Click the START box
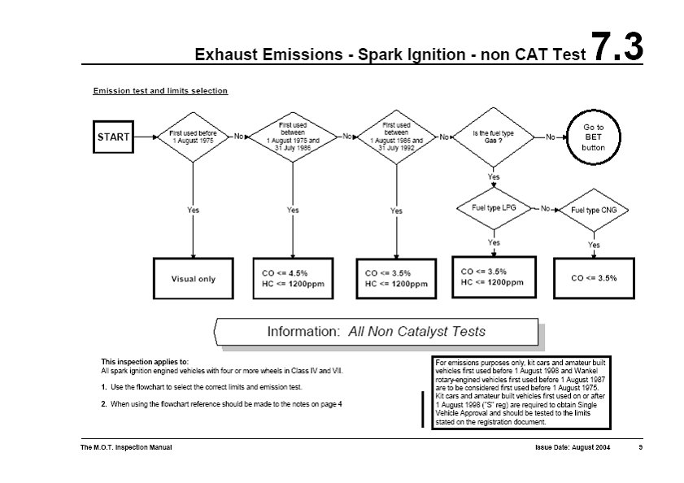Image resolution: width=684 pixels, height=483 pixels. click(113, 137)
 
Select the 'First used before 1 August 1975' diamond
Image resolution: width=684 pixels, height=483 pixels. click(193, 137)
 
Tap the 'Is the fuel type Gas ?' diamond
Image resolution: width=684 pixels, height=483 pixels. click(494, 137)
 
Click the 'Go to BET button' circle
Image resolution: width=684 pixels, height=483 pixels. click(594, 137)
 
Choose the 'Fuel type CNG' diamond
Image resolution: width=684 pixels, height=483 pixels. click(594, 210)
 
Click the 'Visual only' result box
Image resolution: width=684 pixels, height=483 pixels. click(194, 279)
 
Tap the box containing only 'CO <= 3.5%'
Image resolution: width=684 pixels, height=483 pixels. click(595, 277)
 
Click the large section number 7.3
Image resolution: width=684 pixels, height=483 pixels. click(617, 48)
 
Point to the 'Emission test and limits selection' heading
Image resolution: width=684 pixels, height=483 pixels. click(160, 91)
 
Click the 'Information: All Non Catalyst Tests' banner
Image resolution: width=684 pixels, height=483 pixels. click(376, 332)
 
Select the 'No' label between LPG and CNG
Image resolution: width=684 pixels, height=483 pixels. click(546, 208)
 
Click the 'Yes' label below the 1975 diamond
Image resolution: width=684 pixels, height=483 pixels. click(193, 210)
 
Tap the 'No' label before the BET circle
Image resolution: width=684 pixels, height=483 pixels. click(551, 137)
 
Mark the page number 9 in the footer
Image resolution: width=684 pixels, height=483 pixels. click(640, 448)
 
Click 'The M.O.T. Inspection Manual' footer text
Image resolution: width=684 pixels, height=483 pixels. click(126, 448)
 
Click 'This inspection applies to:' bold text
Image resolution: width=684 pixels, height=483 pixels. click(145, 360)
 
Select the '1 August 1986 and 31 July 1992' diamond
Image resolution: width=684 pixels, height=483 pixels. click(395, 137)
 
